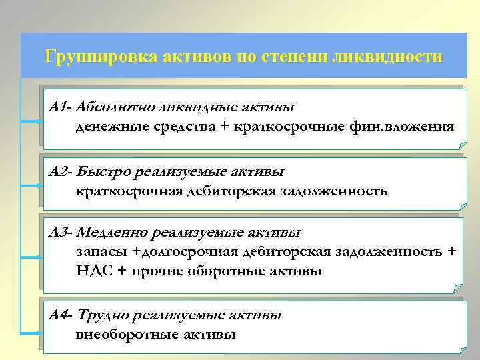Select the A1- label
point(61,107)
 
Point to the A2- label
point(61,172)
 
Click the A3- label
point(61,233)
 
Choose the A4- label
point(62,315)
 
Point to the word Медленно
point(113,233)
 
